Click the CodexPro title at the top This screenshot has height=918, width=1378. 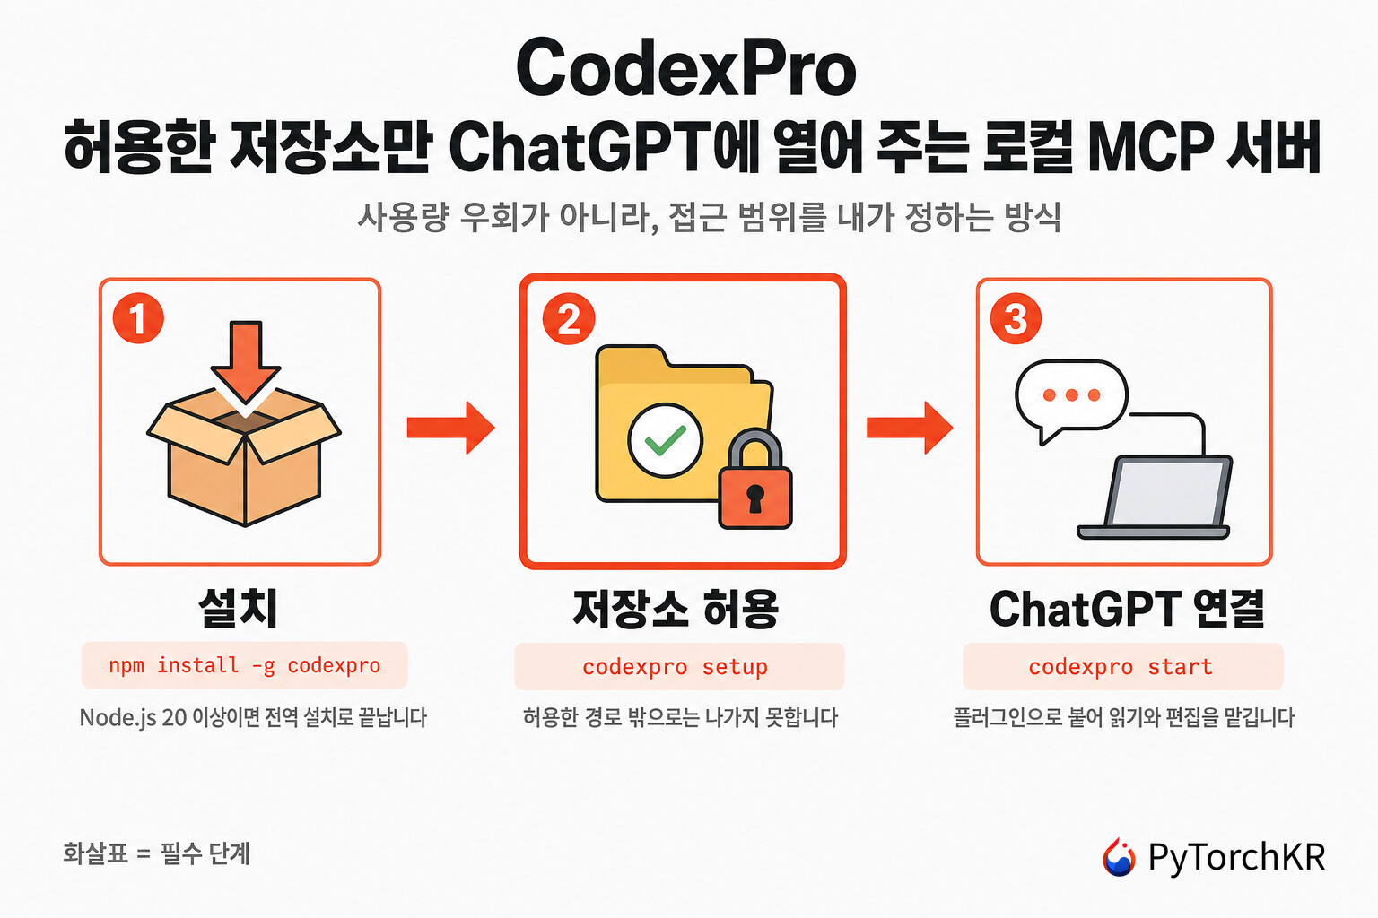[686, 67]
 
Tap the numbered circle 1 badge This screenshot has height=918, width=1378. [138, 318]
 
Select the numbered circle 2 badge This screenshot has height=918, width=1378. [569, 318]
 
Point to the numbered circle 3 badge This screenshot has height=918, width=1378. [1016, 318]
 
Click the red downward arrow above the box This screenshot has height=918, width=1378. [246, 363]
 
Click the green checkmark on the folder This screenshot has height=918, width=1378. [665, 440]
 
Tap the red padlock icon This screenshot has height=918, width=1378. [754, 480]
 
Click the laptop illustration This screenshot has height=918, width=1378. [1154, 498]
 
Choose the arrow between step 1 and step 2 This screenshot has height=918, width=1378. [451, 428]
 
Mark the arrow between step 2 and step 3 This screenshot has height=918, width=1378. [910, 428]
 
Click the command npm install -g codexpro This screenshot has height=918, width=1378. [244, 665]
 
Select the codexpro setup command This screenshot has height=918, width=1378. [675, 666]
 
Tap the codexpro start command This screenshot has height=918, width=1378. [1121, 666]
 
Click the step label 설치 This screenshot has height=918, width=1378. [238, 608]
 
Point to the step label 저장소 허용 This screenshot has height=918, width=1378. [676, 609]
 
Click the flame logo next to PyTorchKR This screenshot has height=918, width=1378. [1119, 856]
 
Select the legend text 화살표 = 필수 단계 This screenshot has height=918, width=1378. [156, 853]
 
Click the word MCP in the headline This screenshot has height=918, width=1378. [1150, 148]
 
